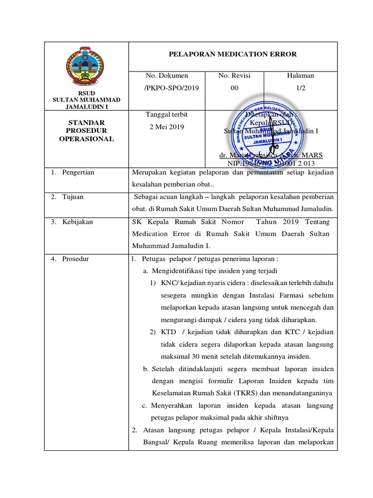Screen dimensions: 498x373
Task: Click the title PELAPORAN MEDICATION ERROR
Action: [x=232, y=54]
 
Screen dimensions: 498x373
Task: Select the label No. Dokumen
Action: [x=167, y=75]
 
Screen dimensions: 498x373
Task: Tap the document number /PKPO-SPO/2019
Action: [x=168, y=88]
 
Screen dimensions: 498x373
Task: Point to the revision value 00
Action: [x=234, y=88]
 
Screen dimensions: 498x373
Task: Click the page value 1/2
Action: [x=301, y=88]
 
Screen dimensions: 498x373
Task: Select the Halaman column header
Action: [x=301, y=75]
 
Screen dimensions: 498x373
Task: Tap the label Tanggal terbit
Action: [x=167, y=114]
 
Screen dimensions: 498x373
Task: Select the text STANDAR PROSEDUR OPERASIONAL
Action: [x=86, y=130]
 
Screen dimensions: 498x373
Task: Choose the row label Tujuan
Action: [x=73, y=197]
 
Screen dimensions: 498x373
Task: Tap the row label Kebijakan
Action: [x=77, y=222]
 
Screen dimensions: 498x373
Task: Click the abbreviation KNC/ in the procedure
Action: [x=170, y=283]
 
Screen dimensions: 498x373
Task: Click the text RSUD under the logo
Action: [x=86, y=93]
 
